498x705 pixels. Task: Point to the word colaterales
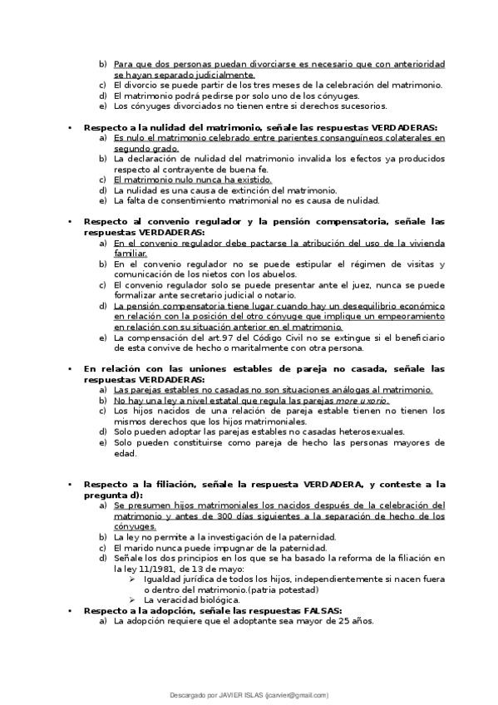pos(397,137)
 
